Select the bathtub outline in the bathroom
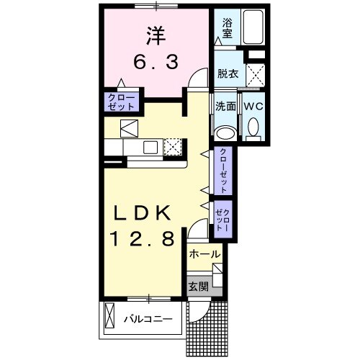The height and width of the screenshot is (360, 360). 253,27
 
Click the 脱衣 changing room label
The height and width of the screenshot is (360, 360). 228,73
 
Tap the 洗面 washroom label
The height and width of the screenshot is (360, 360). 226,106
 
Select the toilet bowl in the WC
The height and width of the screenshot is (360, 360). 253,130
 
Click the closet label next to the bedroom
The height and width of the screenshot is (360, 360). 121,102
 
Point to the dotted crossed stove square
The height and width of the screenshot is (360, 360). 174,147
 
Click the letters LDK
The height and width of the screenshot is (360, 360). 142,214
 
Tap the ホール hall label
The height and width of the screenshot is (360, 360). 205,255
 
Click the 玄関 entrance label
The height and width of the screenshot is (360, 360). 198,287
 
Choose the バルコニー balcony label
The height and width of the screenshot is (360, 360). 147,318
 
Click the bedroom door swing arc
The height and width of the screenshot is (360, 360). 194,81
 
